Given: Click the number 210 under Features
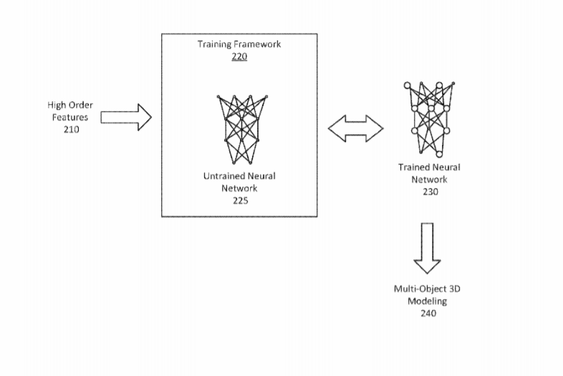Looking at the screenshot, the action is [x=72, y=130].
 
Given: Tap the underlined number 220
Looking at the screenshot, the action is [x=239, y=57].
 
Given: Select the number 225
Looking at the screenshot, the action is [x=241, y=201].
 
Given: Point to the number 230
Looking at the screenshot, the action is [x=430, y=192].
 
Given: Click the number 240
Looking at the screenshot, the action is [x=428, y=314].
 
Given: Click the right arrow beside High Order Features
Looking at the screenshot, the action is [x=126, y=117].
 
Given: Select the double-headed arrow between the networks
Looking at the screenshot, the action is [x=356, y=128].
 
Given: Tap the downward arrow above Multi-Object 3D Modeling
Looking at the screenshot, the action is [x=428, y=248].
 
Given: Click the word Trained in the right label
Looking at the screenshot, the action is [x=413, y=167].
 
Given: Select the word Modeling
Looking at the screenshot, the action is [x=428, y=301].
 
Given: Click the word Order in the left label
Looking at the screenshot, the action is [x=80, y=105].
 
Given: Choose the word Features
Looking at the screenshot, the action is [x=70, y=117].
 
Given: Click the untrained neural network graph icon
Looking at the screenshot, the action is [x=242, y=130].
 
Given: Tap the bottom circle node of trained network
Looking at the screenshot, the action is [x=439, y=154].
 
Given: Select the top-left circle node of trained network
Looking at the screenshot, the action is [x=407, y=85].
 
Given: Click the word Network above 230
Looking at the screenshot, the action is [x=430, y=179].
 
